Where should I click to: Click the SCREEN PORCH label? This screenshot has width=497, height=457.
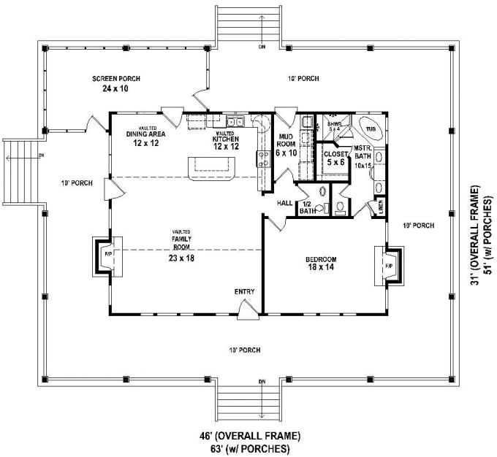tap(116, 79)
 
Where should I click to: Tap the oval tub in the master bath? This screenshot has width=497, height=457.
tap(371, 127)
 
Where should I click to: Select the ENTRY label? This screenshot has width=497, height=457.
tap(244, 292)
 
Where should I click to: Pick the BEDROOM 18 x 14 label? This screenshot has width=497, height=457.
tap(321, 264)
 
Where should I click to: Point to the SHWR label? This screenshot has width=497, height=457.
tap(334, 125)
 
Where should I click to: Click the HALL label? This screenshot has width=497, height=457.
tap(285, 203)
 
